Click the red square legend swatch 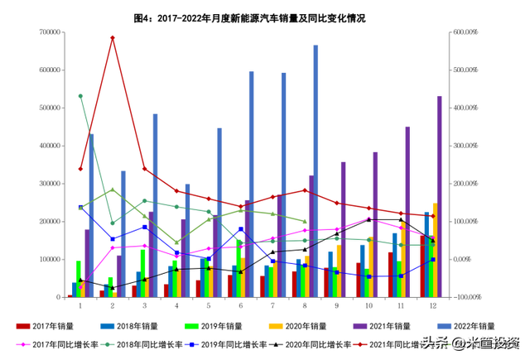pyautogui.click(x=23, y=326)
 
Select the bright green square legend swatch pyautogui.click(x=192, y=326)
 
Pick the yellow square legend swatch pyautogui.click(x=276, y=326)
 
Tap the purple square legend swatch pyautogui.click(x=359, y=326)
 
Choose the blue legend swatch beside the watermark pyautogui.click(x=445, y=325)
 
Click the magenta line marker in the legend pyautogui.click(x=23, y=343)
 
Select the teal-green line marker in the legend pyautogui.click(x=108, y=343)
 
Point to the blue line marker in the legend pyautogui.click(x=192, y=343)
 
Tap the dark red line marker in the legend pyautogui.click(x=359, y=343)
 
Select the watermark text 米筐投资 pyautogui.click(x=492, y=341)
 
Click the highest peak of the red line pyautogui.click(x=113, y=37)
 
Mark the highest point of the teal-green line pyautogui.click(x=80, y=95)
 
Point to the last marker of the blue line pyautogui.click(x=433, y=259)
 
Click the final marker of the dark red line pyautogui.click(x=432, y=216)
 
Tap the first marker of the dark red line pyautogui.click(x=80, y=168)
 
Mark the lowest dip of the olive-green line pyautogui.click(x=176, y=242)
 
